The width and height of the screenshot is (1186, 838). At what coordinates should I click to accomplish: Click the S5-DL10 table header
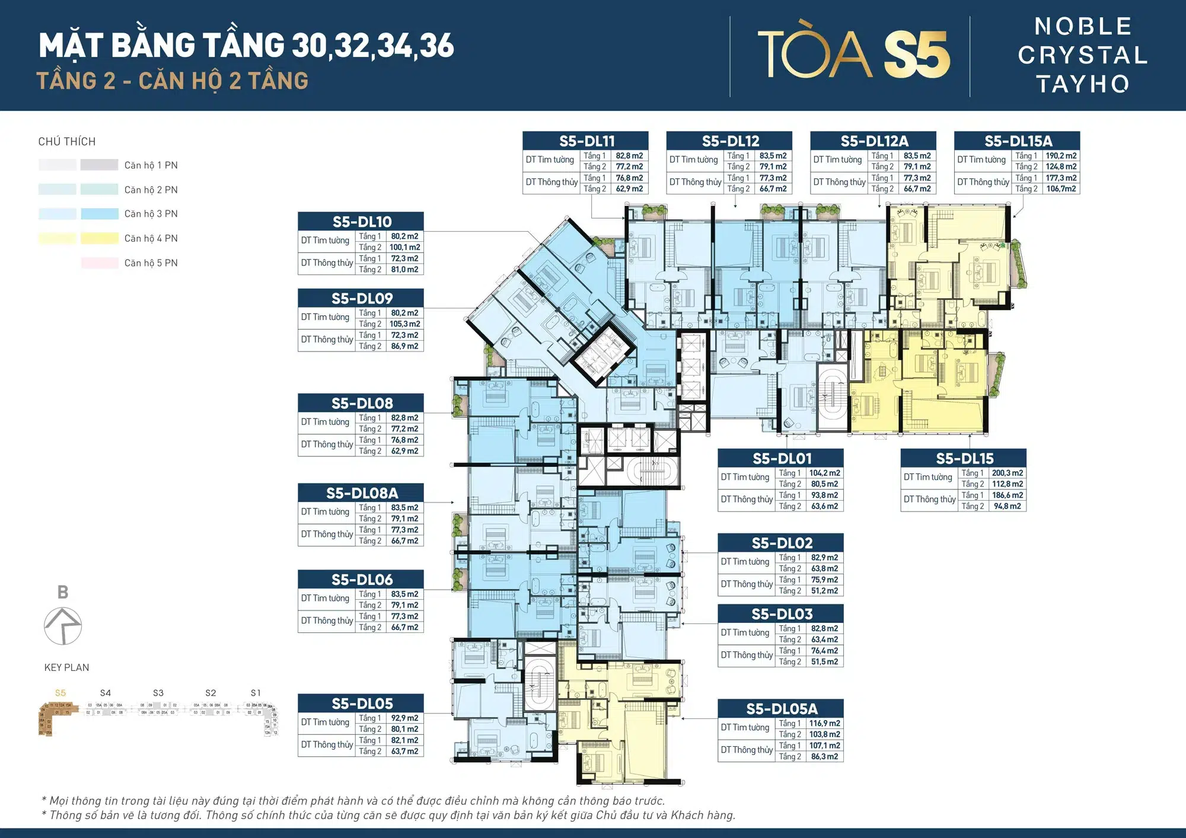pyautogui.click(x=361, y=222)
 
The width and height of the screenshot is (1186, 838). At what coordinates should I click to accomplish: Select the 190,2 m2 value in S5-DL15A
pyautogui.click(x=1061, y=156)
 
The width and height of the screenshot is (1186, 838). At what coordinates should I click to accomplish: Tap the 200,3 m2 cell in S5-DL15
pyautogui.click(x=1007, y=473)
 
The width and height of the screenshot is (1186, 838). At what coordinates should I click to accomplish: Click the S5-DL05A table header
pyautogui.click(x=781, y=709)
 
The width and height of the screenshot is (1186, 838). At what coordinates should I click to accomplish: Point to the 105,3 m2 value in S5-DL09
pyautogui.click(x=404, y=324)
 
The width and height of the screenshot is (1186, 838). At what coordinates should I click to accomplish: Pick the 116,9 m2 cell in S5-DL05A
pyautogui.click(x=824, y=723)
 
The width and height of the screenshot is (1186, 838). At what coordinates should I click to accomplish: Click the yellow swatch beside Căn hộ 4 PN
pyautogui.click(x=99, y=238)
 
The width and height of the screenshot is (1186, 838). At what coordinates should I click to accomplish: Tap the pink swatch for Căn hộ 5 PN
pyautogui.click(x=99, y=263)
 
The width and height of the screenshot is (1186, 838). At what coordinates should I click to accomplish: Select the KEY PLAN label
pyautogui.click(x=66, y=667)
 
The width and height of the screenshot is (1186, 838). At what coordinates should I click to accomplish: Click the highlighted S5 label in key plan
pyautogui.click(x=60, y=693)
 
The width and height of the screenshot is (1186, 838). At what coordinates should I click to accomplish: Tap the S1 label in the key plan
pyautogui.click(x=256, y=693)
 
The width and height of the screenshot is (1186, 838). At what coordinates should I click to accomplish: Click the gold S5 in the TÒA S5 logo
pyautogui.click(x=917, y=55)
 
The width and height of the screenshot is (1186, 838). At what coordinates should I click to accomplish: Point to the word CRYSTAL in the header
pyautogui.click(x=1083, y=55)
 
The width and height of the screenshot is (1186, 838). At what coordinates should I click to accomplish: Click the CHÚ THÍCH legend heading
pyautogui.click(x=66, y=142)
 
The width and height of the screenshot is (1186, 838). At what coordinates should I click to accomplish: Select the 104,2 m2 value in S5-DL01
pyautogui.click(x=824, y=473)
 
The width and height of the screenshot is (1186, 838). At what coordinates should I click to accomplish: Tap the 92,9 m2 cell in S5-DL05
pyautogui.click(x=404, y=718)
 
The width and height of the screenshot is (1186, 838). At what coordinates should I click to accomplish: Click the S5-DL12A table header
pyautogui.click(x=873, y=141)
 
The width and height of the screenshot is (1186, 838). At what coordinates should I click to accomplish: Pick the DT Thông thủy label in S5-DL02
pyautogui.click(x=747, y=584)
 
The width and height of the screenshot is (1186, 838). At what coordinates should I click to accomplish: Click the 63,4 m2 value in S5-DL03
pyautogui.click(x=824, y=639)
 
